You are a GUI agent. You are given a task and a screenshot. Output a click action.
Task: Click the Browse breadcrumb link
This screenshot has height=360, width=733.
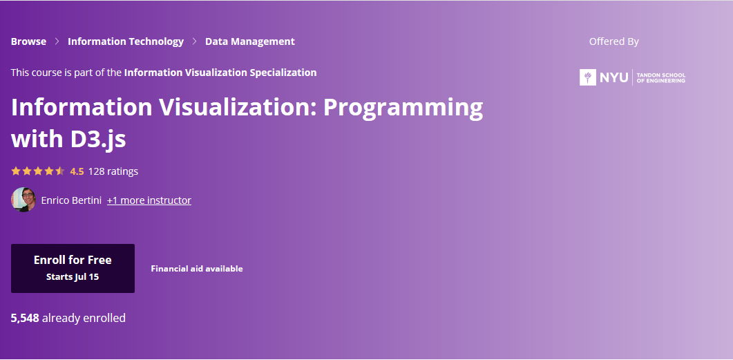coord(28,41)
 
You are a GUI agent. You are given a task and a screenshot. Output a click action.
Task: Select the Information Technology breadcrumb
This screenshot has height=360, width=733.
coord(126,41)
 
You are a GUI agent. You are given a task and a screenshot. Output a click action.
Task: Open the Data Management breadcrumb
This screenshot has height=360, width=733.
coord(250,41)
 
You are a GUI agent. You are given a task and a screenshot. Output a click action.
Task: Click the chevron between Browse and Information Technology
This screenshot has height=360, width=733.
coord(57,41)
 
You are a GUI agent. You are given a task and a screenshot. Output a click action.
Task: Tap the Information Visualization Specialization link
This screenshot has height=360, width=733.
coord(220,73)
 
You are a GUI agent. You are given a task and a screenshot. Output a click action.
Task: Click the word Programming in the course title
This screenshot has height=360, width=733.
coord(403,108)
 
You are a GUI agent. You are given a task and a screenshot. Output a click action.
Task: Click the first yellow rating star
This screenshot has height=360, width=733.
coord(16,171)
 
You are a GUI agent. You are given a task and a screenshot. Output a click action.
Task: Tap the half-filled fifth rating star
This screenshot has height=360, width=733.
coord(60,171)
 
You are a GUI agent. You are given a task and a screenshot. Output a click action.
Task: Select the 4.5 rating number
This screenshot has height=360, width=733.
coord(77,171)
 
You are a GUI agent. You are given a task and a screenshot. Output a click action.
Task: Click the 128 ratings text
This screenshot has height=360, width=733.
coord(113,171)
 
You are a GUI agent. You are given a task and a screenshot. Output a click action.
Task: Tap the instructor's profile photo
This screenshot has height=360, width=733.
coord(23,200)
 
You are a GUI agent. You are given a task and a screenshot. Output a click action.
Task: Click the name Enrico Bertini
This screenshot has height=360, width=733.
coord(71,200)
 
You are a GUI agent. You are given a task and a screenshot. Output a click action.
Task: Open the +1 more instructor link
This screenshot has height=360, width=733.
coord(149,200)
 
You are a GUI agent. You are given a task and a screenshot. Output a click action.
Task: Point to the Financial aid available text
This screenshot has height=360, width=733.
coord(197,269)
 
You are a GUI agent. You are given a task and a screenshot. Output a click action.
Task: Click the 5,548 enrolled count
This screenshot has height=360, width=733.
coord(26,319)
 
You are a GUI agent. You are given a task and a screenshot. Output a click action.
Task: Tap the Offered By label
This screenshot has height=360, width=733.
coord(613,41)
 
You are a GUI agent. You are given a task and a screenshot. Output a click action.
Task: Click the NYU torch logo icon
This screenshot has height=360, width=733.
coord(588,77)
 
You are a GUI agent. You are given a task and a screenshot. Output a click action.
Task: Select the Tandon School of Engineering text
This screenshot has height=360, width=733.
coord(661,77)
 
